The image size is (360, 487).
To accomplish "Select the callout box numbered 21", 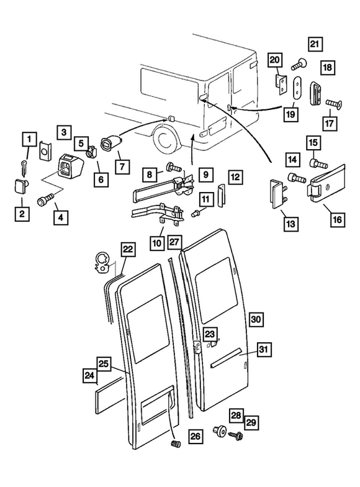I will tap(315, 44).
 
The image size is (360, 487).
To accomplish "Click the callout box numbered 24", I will tap(91, 375).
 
